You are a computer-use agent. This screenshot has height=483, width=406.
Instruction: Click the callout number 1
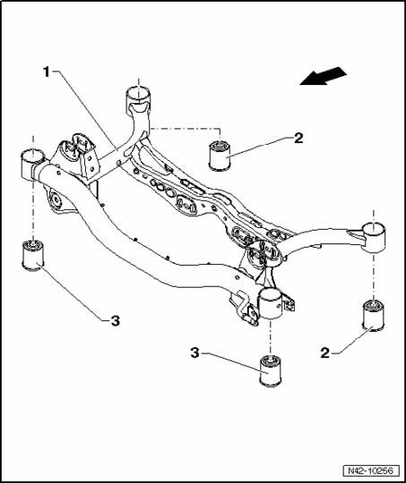[47, 72]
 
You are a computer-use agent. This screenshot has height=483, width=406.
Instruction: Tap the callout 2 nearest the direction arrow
[298, 139]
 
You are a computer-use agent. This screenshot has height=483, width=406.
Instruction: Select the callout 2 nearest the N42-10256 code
[325, 352]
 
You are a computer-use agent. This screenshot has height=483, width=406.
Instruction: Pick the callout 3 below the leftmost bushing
[115, 321]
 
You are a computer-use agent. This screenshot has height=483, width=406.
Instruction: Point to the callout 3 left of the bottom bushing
[194, 352]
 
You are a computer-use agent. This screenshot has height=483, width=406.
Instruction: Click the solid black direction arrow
[324, 76]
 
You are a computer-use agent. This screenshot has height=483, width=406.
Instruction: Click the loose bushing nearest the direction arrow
[220, 155]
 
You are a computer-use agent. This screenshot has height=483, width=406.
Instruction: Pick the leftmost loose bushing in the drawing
[33, 256]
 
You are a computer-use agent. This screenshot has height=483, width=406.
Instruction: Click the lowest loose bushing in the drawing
[271, 370]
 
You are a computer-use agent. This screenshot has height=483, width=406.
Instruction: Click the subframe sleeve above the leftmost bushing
[32, 165]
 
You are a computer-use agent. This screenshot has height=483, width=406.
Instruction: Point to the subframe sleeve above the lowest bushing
[271, 304]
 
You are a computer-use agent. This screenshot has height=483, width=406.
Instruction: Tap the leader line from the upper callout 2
[258, 149]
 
